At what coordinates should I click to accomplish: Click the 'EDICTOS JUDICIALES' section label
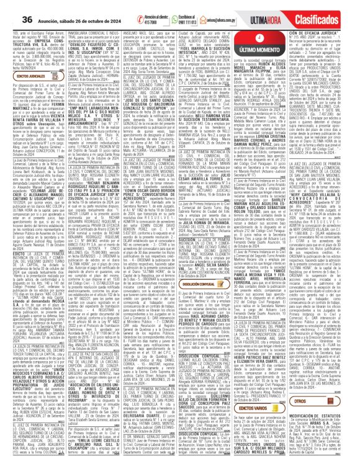[x=27, y=76]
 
